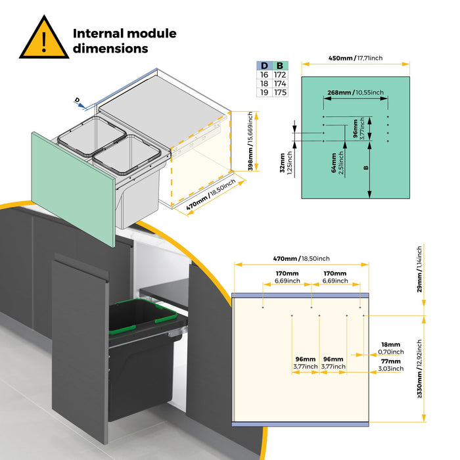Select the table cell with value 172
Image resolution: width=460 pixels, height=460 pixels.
point(280,76)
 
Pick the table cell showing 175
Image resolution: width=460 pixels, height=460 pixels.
point(280,93)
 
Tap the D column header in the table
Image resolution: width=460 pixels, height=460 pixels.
point(264,66)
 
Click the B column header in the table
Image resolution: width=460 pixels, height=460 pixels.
point(280,66)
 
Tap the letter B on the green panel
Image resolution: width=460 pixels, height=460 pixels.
point(365,167)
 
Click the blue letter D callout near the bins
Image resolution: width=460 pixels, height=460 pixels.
point(77,99)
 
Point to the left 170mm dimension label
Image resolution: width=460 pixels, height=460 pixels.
point(287,277)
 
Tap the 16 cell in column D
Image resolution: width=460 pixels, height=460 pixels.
point(264,76)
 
